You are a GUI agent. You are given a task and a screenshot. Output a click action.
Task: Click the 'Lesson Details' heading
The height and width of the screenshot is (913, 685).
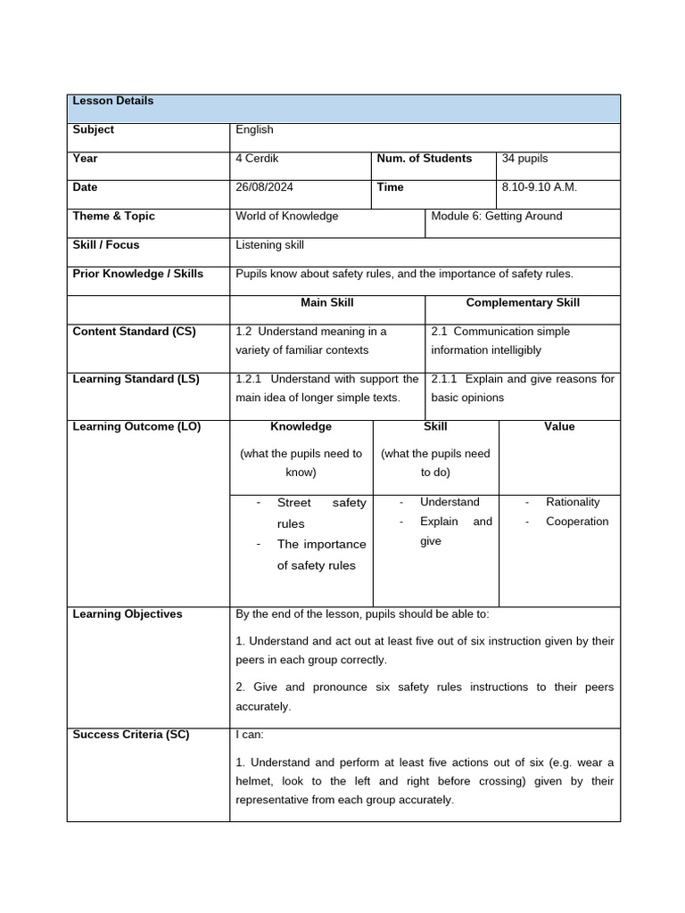point(113,101)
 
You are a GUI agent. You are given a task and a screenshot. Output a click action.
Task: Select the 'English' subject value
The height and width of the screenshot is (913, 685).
point(254,129)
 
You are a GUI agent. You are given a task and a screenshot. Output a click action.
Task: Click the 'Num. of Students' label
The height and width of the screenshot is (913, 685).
point(425,159)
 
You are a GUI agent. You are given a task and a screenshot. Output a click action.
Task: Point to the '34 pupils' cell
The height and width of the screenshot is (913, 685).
point(524,159)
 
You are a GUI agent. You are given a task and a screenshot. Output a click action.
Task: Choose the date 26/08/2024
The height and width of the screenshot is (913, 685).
point(266,187)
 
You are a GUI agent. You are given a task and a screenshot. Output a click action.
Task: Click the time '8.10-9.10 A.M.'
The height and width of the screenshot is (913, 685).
point(540,187)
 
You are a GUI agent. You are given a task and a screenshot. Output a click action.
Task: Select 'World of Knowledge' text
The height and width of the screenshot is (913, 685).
point(287,216)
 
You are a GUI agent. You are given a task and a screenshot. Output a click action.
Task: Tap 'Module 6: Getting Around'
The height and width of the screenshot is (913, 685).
point(497,216)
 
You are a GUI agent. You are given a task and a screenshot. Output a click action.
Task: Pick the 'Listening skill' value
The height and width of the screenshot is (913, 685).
point(269,244)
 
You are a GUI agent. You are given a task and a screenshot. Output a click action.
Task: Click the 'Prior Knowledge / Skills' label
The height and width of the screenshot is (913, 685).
point(138,274)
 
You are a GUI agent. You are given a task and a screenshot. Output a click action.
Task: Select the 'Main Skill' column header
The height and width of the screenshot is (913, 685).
point(327,302)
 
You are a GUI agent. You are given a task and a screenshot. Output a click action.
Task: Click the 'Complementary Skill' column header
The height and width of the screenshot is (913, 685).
point(523,302)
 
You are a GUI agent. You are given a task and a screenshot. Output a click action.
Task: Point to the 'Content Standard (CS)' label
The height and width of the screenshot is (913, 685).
point(134,332)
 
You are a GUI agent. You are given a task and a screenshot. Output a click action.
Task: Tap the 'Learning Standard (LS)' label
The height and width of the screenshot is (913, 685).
point(136,379)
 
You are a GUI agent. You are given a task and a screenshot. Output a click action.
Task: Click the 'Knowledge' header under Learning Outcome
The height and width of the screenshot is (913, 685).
point(301,426)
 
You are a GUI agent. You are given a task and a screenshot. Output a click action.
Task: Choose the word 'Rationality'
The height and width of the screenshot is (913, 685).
point(573,502)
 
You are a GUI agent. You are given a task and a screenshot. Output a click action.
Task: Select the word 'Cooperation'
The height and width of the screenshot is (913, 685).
point(577,522)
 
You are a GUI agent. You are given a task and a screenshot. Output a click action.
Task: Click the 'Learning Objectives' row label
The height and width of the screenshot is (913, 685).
point(128,614)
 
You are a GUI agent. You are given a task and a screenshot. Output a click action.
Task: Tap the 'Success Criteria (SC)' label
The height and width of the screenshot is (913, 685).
point(131,735)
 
